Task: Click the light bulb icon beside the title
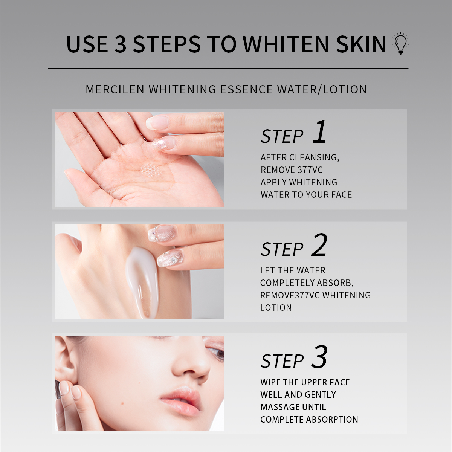point(400,43)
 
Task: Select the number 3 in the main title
point(120,44)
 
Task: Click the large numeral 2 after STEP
point(319,245)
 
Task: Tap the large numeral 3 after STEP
point(319,357)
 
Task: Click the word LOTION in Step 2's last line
point(276,308)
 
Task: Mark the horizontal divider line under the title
point(228,69)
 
